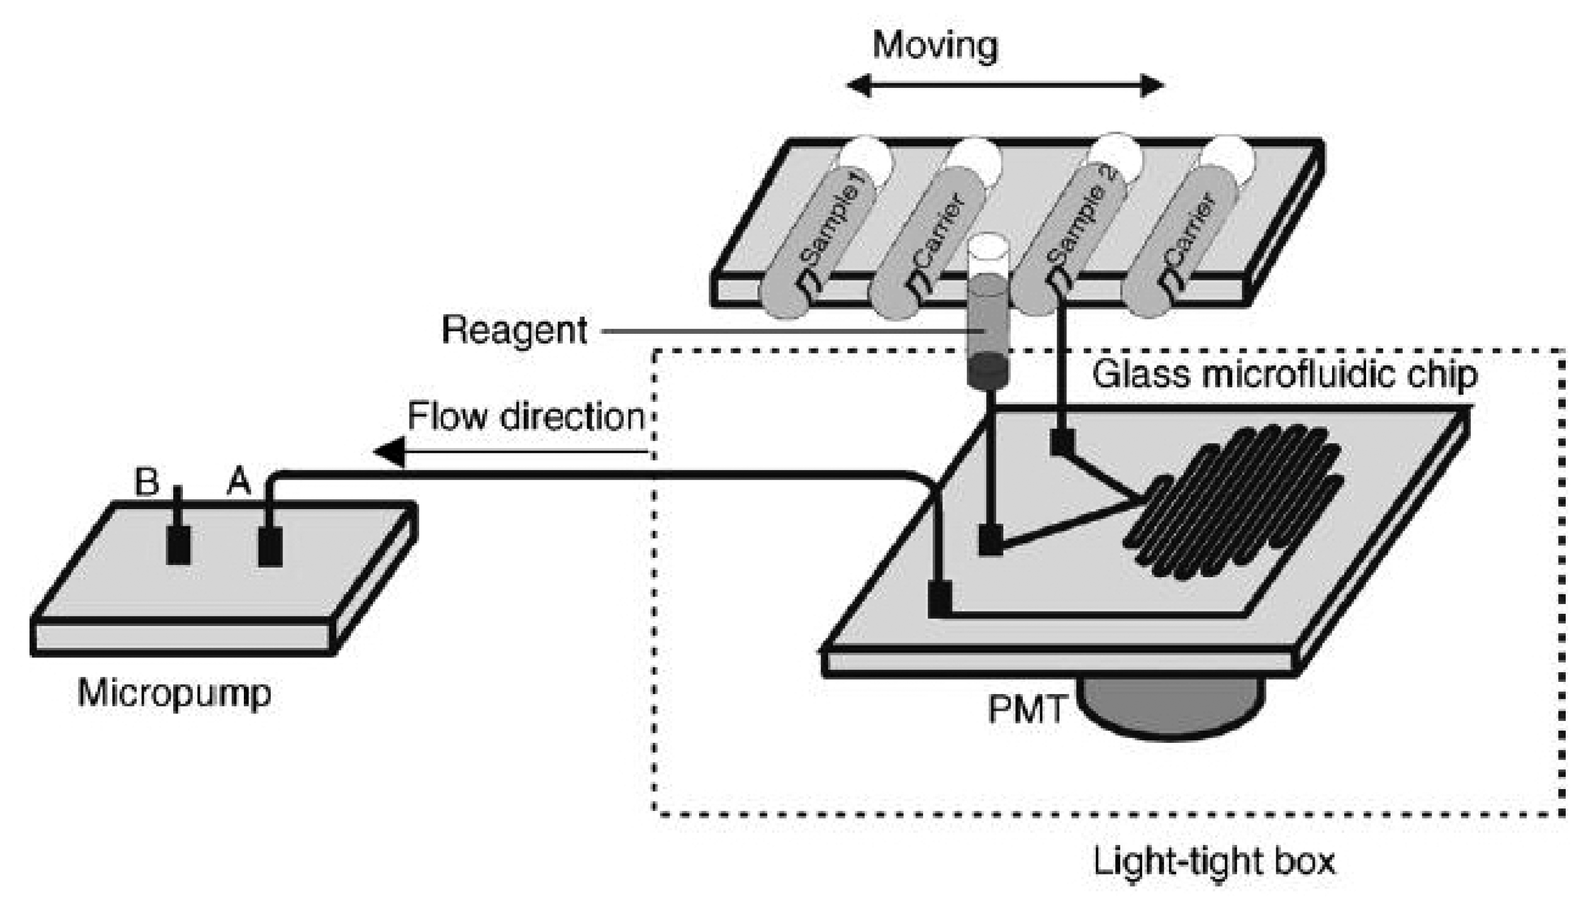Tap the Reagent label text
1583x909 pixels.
click(x=514, y=330)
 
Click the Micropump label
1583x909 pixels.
click(x=174, y=694)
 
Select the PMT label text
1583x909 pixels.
click(x=1026, y=710)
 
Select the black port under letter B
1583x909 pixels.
click(x=178, y=544)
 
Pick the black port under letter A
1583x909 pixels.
click(x=270, y=546)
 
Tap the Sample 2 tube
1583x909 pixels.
click(x=1075, y=231)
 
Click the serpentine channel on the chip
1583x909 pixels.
click(x=1233, y=503)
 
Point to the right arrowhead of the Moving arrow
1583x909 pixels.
click(x=1152, y=85)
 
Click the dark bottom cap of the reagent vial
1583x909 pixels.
click(x=988, y=369)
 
